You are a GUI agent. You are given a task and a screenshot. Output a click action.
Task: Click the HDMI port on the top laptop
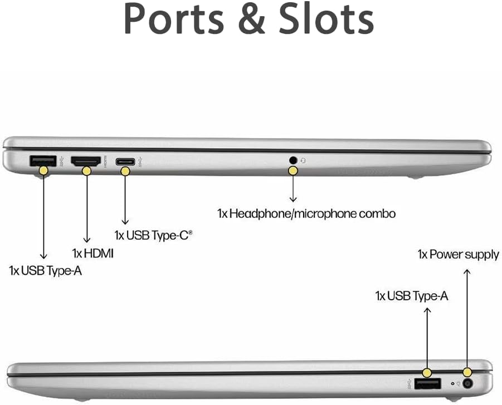[85, 161]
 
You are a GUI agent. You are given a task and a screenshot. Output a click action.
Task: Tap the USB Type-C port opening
[125, 162]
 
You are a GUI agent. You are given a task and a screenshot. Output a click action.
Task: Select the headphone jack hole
[293, 159]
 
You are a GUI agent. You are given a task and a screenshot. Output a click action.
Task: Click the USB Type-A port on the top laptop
[43, 160]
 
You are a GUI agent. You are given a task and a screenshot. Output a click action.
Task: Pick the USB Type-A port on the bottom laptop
[427, 383]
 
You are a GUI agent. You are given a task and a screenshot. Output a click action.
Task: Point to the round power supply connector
[468, 383]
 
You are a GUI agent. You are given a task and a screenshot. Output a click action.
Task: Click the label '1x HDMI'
[93, 253]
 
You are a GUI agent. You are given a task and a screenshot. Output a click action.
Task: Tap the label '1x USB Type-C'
[153, 235]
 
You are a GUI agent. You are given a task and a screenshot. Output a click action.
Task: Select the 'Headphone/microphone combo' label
[313, 213]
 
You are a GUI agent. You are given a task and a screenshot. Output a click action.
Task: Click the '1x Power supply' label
[458, 255]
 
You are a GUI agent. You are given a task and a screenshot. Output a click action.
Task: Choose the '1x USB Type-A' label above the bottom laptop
[412, 296]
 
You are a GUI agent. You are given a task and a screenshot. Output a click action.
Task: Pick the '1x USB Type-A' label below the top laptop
[45, 271]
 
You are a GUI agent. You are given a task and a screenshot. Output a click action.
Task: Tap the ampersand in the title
[251, 18]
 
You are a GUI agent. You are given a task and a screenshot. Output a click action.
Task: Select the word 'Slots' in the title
[326, 18]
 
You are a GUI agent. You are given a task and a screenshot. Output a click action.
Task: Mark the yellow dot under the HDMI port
[86, 171]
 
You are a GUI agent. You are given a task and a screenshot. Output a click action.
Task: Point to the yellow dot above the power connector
[467, 372]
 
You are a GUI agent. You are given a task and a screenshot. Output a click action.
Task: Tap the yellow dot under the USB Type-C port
[125, 171]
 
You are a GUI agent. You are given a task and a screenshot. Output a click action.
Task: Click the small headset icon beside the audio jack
[303, 160]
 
